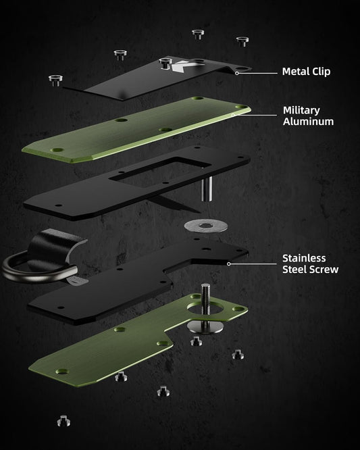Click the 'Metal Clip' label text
(x=306, y=72)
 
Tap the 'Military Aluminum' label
(x=308, y=116)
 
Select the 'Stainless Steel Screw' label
(x=311, y=264)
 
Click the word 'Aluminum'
(x=309, y=121)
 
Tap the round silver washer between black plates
(x=206, y=226)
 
